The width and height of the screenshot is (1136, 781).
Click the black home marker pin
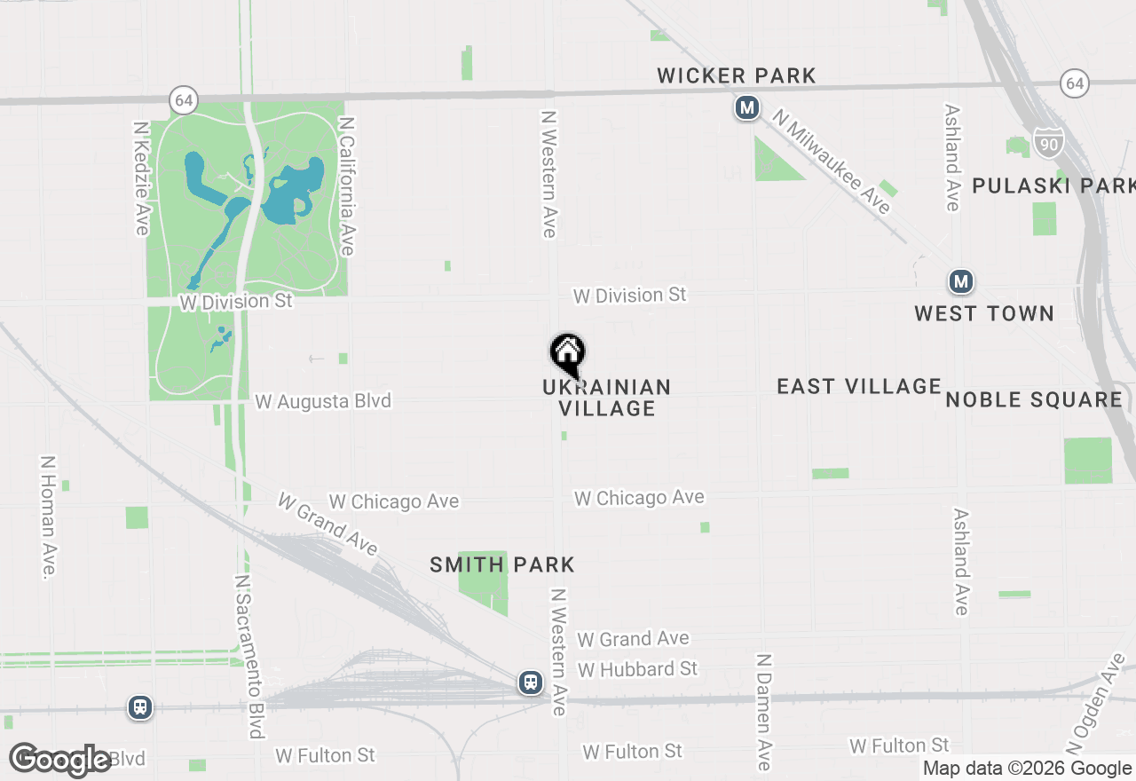(x=568, y=355)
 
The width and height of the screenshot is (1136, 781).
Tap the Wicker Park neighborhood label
(x=737, y=76)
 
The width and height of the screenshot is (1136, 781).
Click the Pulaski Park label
(x=1053, y=185)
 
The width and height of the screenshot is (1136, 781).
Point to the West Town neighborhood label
(x=984, y=313)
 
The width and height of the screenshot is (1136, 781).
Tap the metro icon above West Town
(x=960, y=282)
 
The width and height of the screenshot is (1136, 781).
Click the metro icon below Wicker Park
(x=747, y=108)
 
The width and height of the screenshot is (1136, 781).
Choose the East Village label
(x=858, y=386)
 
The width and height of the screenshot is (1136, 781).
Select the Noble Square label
(x=1034, y=399)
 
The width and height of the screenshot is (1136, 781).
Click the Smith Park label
(x=502, y=564)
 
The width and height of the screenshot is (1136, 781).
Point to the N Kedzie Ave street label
(x=141, y=178)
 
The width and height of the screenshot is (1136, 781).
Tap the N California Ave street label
(x=346, y=186)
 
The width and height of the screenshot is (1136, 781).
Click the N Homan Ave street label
(x=48, y=517)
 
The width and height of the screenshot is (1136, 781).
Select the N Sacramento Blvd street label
(x=249, y=656)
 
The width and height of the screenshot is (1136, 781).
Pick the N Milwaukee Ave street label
(x=831, y=162)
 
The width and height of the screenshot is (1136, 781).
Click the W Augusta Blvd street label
(x=323, y=401)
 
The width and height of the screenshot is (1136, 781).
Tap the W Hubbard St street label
(x=637, y=668)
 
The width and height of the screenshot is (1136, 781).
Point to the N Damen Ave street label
(x=763, y=712)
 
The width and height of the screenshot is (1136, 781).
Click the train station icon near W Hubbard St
(x=531, y=682)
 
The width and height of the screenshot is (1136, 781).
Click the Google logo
(x=60, y=760)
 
